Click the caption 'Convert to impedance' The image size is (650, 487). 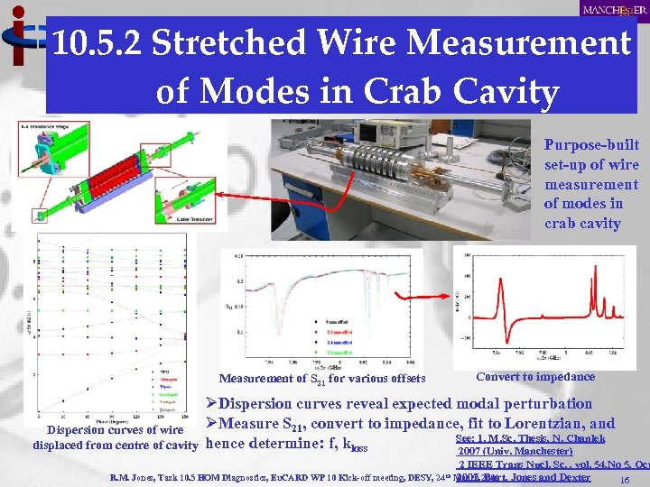click(535, 377)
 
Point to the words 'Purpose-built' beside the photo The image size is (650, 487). click(591, 145)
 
